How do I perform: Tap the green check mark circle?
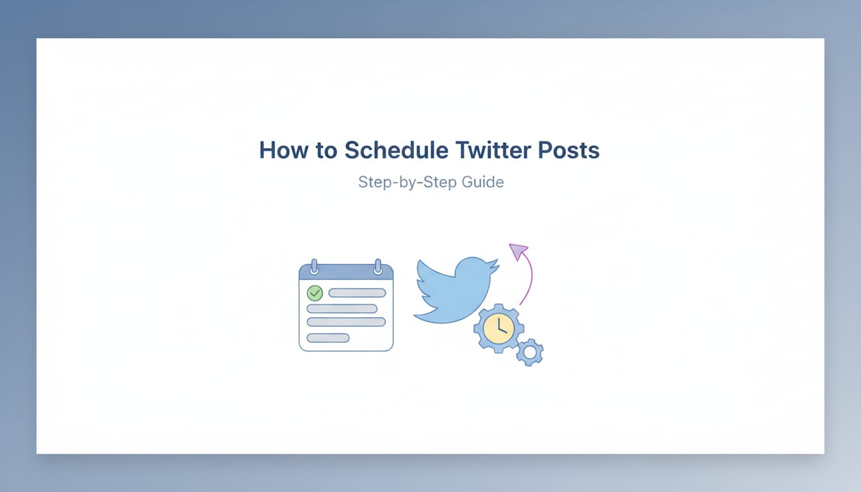point(315,293)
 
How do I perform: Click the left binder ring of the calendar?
point(314,266)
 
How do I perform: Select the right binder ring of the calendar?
point(378,266)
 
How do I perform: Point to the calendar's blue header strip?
point(346,273)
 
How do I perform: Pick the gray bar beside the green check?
point(357,293)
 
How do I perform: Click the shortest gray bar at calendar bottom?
point(328,338)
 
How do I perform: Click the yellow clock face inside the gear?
point(498,328)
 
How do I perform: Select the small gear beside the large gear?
point(530,352)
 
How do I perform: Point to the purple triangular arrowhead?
point(518,251)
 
